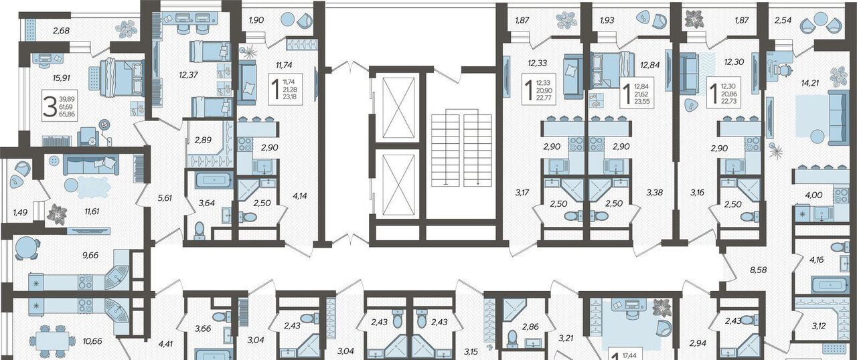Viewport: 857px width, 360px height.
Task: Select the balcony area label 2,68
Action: point(61,31)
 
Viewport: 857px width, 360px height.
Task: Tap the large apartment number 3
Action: point(50,107)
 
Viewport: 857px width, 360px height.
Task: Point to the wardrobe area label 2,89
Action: point(203,140)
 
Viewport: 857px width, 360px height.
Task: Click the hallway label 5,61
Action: point(165,197)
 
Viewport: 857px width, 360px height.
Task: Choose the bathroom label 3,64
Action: point(206,203)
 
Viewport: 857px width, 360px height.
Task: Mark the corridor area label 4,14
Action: point(299,196)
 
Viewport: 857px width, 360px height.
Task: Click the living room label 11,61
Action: point(92,211)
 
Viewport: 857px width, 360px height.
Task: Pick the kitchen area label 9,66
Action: point(90,256)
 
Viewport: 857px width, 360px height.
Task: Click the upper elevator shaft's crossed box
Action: point(399,107)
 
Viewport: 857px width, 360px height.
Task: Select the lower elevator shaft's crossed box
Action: point(399,184)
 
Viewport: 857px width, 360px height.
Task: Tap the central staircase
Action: point(461,147)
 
